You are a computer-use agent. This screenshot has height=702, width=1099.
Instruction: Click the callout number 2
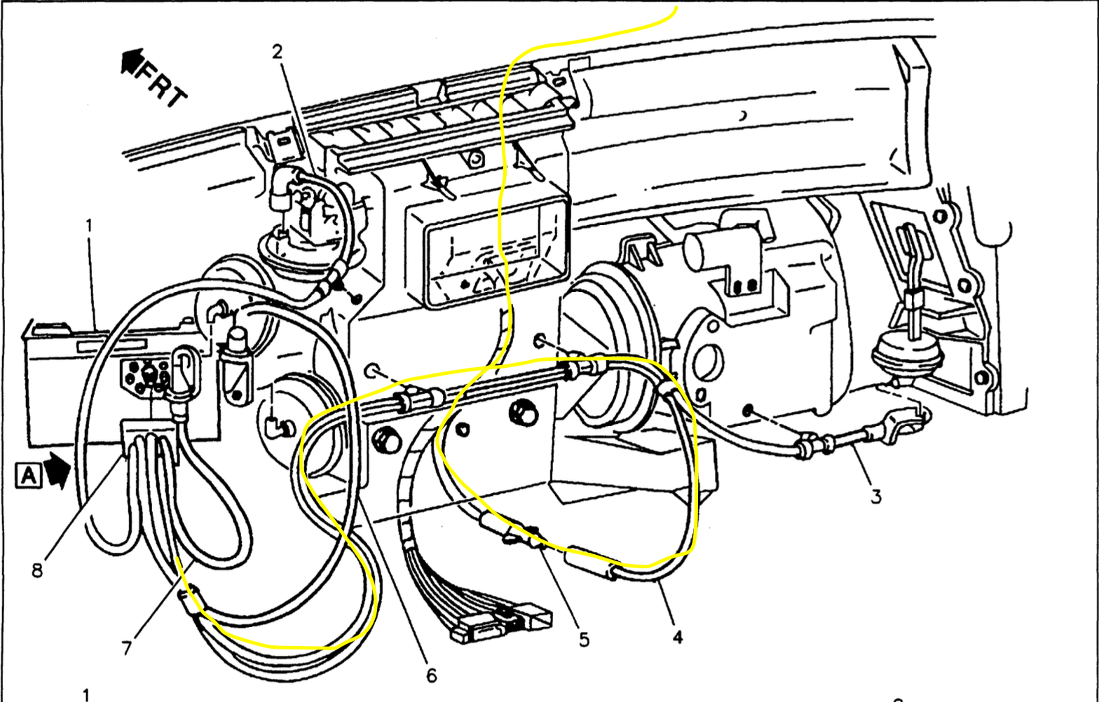[278, 50]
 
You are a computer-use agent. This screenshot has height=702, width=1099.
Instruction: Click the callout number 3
[876, 497]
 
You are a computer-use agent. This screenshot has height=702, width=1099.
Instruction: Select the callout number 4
[677, 637]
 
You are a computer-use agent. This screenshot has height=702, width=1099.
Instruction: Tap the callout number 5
[584, 639]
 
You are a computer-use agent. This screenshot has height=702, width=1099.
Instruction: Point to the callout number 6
[431, 675]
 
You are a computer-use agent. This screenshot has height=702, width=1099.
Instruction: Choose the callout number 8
[36, 570]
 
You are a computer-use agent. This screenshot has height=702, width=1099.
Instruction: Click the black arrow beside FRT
[131, 62]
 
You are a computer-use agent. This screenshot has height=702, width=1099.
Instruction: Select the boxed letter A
[28, 476]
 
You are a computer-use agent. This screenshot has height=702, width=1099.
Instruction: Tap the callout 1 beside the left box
[89, 226]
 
